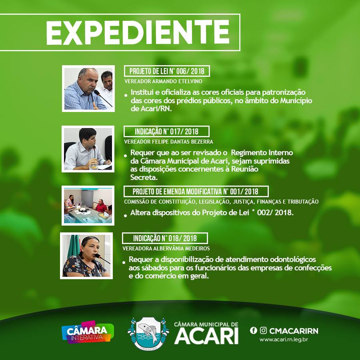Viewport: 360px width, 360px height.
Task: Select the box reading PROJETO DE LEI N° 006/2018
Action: click(167, 71)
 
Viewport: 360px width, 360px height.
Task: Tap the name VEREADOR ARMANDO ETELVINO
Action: click(163, 81)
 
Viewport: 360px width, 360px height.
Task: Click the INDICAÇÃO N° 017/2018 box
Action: click(166, 132)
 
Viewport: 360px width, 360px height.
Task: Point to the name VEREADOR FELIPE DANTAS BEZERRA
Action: click(168, 142)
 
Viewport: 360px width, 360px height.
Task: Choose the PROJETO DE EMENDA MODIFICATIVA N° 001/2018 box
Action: click(196, 192)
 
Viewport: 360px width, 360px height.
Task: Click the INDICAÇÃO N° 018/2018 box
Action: click(165, 238)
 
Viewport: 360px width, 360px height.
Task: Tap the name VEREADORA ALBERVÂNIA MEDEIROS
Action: click(166, 248)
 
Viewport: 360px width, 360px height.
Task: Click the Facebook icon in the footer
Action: click(254, 330)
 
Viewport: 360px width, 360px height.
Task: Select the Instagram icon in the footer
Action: click(263, 330)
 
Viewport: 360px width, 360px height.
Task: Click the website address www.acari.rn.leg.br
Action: click(284, 340)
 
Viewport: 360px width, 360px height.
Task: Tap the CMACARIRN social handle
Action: click(294, 331)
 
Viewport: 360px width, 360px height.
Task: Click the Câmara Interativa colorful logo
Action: click(88, 332)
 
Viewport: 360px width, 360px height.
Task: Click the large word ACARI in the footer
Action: click(206, 336)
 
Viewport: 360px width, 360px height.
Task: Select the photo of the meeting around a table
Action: click(88, 206)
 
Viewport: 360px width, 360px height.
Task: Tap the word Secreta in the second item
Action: click(144, 177)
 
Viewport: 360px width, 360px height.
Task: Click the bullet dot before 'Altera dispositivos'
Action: click(125, 216)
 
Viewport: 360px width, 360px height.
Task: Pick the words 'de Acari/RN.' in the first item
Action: click(151, 108)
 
